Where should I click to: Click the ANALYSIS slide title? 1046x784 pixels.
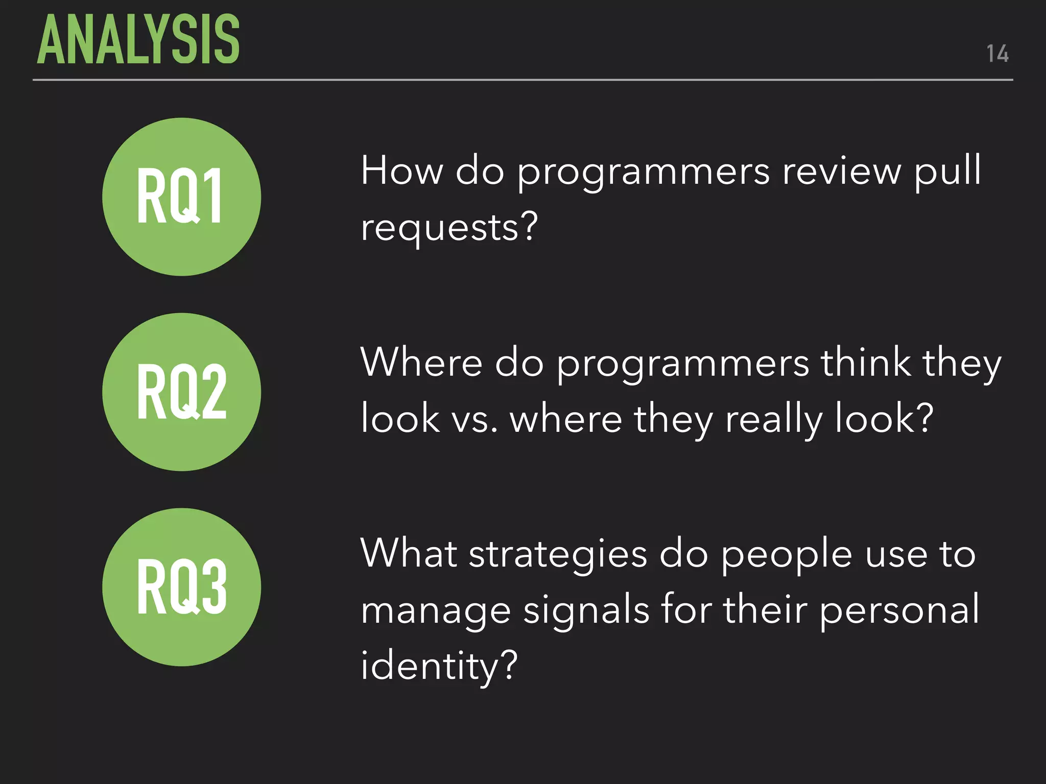tap(138, 40)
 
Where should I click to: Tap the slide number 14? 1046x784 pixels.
tap(997, 54)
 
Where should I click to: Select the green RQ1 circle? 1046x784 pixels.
tap(181, 197)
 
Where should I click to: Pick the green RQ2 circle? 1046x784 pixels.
tap(181, 392)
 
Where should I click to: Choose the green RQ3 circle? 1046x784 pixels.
tap(181, 587)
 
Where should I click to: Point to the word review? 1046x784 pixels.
tap(842, 171)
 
